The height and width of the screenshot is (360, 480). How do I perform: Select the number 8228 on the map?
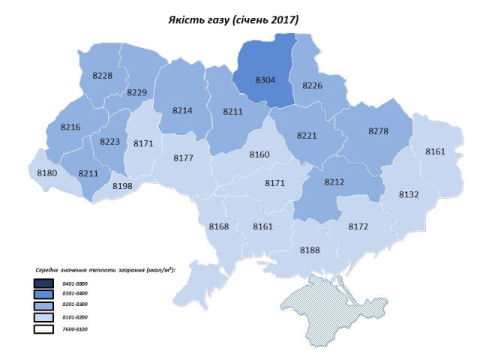click(x=103, y=76)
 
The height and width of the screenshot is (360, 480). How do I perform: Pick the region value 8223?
click(x=109, y=141)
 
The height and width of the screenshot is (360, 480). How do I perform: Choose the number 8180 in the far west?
click(x=47, y=174)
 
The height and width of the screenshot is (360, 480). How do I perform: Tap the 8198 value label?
click(x=122, y=186)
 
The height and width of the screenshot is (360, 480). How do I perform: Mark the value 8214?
click(x=182, y=110)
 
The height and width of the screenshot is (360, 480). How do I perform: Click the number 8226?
click(x=312, y=86)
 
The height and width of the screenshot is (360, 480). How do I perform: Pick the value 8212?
click(x=334, y=181)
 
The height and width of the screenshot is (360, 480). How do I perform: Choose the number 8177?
click(x=184, y=158)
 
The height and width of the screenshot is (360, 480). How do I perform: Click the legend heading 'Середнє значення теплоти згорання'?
click(x=104, y=269)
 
